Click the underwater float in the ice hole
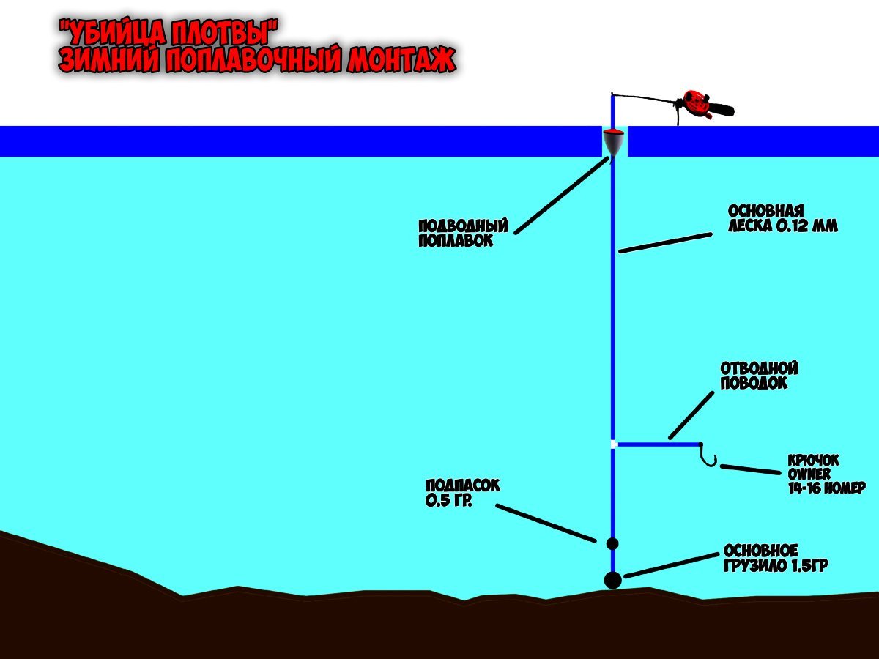pos(614,143)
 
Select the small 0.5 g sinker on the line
pos(612,543)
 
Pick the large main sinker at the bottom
pos(612,579)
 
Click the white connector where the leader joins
pos(614,444)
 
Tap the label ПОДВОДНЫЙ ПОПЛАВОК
pos(463,234)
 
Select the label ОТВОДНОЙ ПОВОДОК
pos(759,375)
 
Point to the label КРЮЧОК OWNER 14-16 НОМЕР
pos(826,474)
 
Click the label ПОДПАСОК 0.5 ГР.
pos(463,492)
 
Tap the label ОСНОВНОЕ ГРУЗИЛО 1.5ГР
pos(776,558)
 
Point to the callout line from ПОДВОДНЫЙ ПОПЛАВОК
pos(562,195)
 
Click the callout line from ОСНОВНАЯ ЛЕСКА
pos(665,243)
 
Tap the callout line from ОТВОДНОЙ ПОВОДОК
pos(691,415)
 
